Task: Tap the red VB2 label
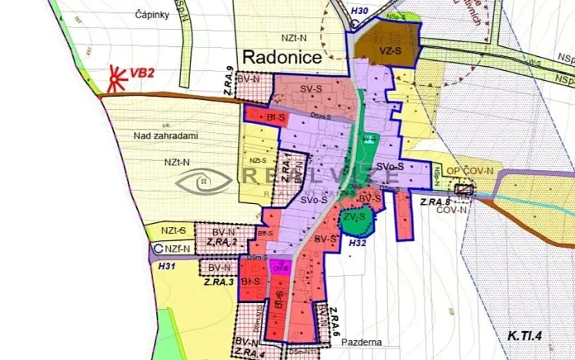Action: (142, 73)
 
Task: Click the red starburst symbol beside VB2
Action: (117, 77)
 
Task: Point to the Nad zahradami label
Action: (165, 135)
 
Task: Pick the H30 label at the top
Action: (359, 11)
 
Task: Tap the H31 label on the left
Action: (167, 265)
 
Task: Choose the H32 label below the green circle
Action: (357, 243)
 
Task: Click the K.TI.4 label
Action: (525, 336)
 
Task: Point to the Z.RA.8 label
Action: (436, 202)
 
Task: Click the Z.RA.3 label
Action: (219, 282)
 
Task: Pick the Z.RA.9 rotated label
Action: (230, 82)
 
